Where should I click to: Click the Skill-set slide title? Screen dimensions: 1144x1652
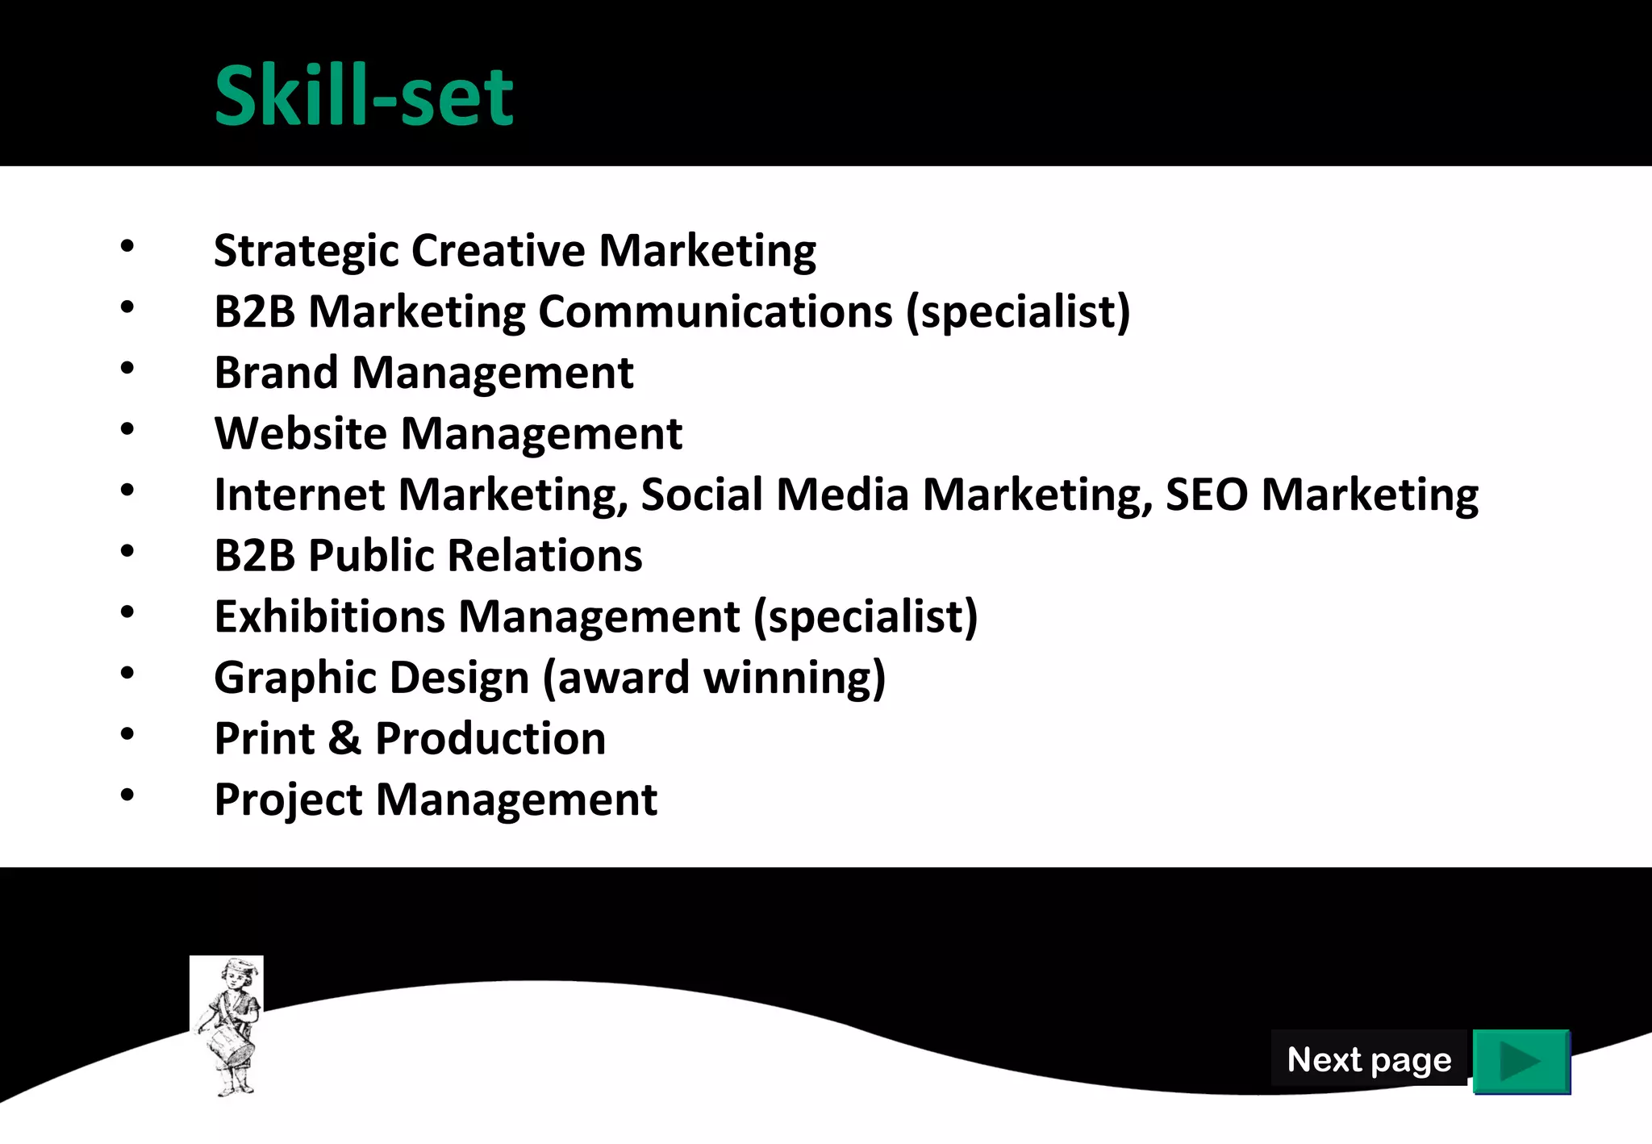[x=364, y=96]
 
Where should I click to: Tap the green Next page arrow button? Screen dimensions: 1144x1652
[x=1521, y=1061]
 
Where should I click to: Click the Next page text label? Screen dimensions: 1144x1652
[x=1369, y=1059]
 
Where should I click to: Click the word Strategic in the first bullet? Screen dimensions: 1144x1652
[x=306, y=251]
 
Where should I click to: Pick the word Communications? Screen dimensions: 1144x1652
[x=715, y=311]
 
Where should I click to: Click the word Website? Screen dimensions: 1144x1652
[x=300, y=434]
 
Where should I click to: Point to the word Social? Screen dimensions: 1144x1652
[x=702, y=495]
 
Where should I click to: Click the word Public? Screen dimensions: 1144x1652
[x=371, y=556]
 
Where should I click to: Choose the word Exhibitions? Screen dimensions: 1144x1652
[x=329, y=617]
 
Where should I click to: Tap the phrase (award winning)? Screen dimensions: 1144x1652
[x=714, y=678]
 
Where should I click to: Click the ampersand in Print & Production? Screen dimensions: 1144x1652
[x=344, y=738]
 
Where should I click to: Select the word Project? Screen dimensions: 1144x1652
[x=288, y=800]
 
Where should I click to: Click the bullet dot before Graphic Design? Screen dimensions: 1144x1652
[x=127, y=673]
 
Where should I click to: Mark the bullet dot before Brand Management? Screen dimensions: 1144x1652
[x=127, y=369]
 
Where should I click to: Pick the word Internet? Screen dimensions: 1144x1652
[x=299, y=495]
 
